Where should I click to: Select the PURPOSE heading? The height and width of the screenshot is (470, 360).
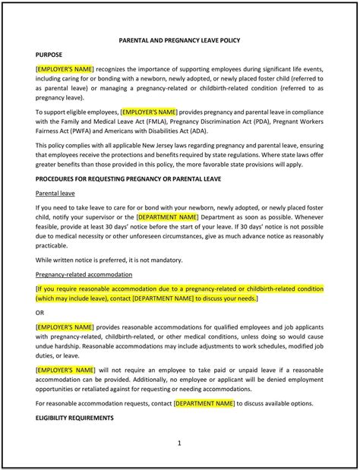pyautogui.click(x=50, y=55)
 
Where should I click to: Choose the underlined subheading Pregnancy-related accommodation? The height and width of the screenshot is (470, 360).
pyautogui.click(x=84, y=274)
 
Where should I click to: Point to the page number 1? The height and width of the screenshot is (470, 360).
pyautogui.click(x=179, y=443)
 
